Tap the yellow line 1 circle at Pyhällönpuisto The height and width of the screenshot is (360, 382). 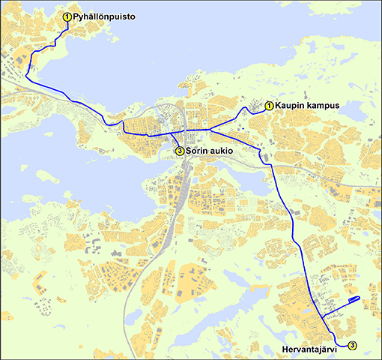point(67,16)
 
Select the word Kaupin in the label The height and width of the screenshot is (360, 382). point(289,106)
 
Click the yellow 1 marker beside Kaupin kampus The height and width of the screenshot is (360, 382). point(269,106)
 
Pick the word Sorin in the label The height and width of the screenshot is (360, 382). point(198,151)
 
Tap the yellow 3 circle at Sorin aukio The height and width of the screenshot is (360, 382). point(179,151)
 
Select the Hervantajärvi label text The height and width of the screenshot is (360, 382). point(312,348)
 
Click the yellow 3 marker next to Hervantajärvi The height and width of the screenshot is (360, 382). point(352,345)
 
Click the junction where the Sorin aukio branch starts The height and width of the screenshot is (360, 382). point(173,134)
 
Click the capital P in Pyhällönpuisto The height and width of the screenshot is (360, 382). point(76,16)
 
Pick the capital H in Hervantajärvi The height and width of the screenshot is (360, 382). point(285,348)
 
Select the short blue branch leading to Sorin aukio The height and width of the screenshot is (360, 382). point(176,142)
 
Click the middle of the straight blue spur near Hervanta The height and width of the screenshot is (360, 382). point(341,304)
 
